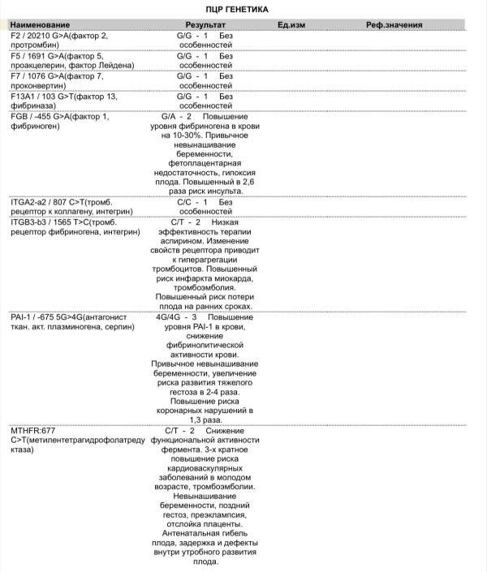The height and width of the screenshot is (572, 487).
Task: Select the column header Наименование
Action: click(x=37, y=26)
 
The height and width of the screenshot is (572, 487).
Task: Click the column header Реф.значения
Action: click(x=394, y=26)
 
